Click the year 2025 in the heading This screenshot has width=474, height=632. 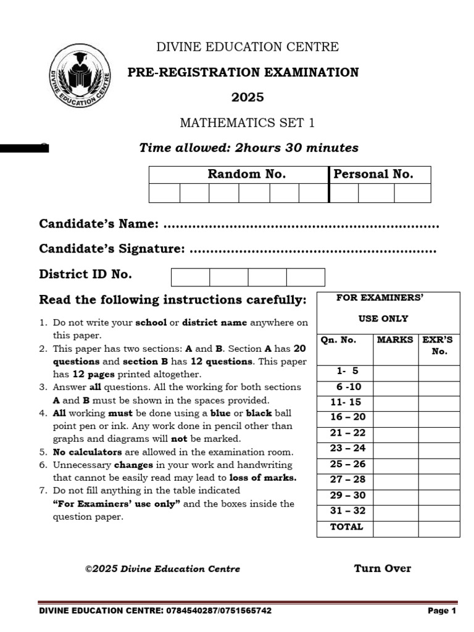247,97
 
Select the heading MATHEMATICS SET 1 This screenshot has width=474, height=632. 247,123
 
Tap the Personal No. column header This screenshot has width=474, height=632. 373,174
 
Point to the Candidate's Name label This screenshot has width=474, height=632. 99,223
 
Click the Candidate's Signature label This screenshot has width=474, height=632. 112,249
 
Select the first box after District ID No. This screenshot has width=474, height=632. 190,277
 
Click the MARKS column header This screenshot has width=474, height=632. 395,340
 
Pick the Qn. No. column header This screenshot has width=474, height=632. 338,340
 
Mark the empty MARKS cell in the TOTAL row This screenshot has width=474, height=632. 396,528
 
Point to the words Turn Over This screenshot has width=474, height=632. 382,568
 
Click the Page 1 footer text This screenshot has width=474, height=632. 442,611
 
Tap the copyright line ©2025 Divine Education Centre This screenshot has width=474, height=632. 162,569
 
